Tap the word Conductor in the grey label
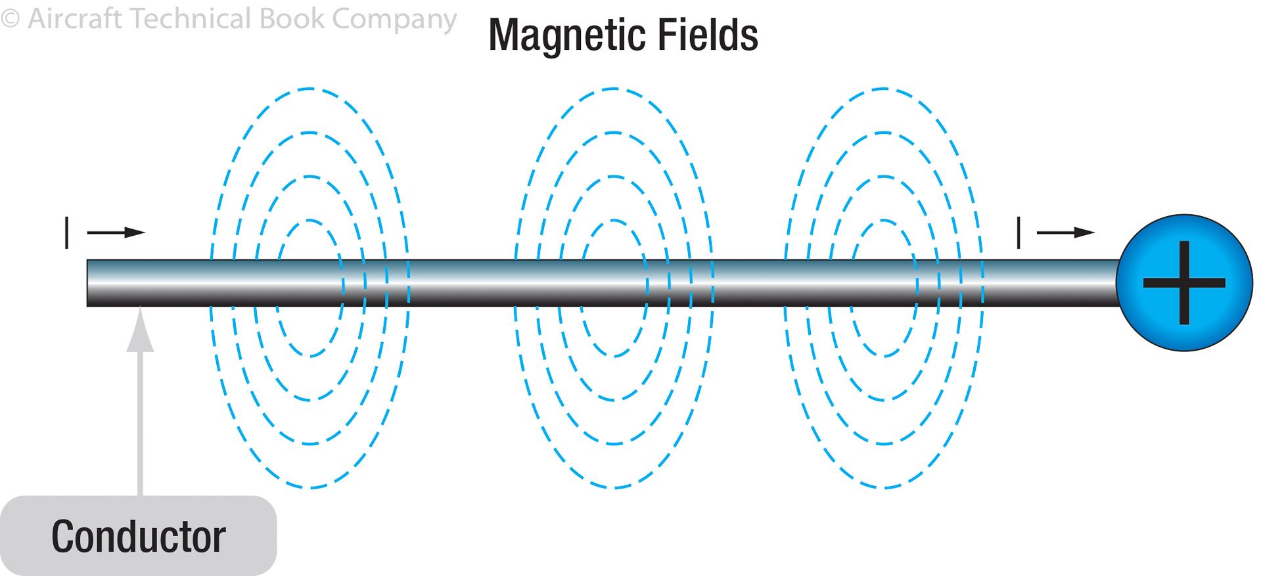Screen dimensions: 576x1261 coord(139,537)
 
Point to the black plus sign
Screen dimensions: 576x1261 coord(1184,283)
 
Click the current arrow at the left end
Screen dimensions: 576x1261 coord(116,233)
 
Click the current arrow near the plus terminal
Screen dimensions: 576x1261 coord(1065,233)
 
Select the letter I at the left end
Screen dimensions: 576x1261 coord(67,233)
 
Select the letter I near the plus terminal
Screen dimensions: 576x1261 coord(1019,233)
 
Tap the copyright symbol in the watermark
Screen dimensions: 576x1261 coord(10,18)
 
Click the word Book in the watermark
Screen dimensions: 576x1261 coord(292,18)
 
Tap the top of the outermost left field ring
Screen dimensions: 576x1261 coord(310,89)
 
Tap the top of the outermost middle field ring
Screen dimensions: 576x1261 coord(614,89)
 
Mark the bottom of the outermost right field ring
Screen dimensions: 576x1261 coord(884,487)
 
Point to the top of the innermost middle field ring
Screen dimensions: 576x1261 coord(614,220)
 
